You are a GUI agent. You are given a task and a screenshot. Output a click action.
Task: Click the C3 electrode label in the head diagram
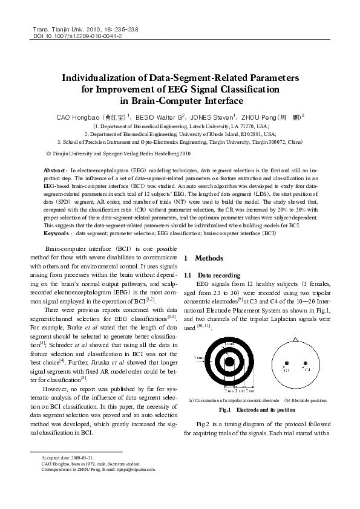click(286, 369)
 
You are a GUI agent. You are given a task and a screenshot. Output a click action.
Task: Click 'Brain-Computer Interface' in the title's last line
click(180, 100)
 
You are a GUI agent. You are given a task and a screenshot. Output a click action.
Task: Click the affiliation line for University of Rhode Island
click(180, 135)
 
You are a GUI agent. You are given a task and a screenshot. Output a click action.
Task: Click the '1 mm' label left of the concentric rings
click(198, 358)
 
